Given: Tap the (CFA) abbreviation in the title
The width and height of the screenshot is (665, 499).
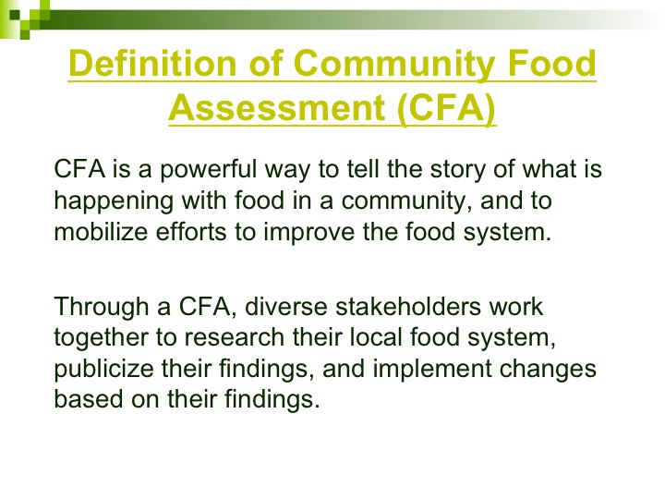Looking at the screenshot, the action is (447, 108).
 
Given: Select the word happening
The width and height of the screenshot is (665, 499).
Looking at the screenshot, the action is (114, 201).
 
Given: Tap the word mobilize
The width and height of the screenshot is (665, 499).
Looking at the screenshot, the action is (101, 232).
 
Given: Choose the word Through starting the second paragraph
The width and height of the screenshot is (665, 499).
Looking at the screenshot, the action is (102, 308).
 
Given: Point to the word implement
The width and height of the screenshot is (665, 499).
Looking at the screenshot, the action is (432, 369).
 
